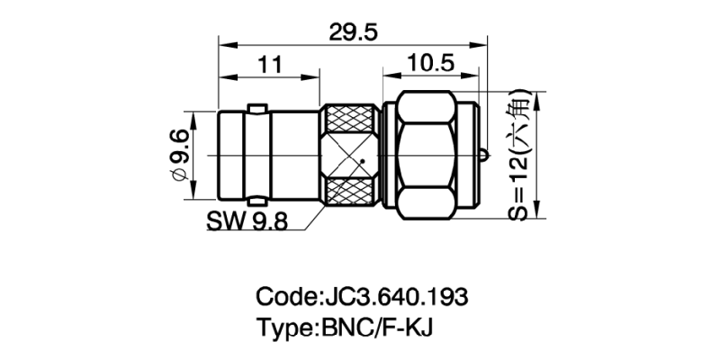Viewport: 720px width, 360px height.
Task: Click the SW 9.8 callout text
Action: [x=247, y=221]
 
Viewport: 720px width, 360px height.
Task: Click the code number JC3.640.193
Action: [x=394, y=296]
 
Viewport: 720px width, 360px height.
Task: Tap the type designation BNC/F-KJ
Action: [x=378, y=326]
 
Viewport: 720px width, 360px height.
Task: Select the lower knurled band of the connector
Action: [x=352, y=196]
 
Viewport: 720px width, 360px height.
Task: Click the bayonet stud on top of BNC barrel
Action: [x=257, y=109]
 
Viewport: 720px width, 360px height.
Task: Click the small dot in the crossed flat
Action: [x=361, y=162]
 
